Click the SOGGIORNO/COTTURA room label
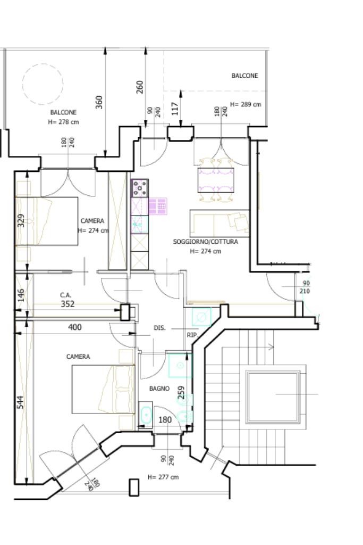206,242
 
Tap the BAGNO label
159,389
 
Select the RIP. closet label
192,335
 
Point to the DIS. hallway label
159,328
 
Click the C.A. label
65,295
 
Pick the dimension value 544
21,402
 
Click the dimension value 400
75,327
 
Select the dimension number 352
67,304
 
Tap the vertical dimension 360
99,102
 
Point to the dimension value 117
175,109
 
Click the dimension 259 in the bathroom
181,392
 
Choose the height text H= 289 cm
246,104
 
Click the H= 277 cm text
163,477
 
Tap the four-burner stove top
139,188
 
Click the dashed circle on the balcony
43,64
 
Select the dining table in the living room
216,180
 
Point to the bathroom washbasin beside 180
146,414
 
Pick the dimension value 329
21,220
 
